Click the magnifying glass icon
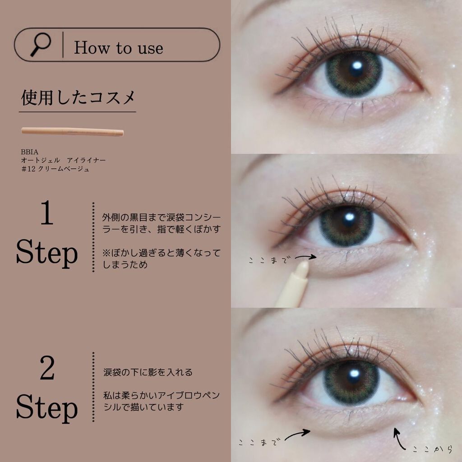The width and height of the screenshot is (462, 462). point(41,44)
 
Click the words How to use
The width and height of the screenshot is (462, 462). point(119,48)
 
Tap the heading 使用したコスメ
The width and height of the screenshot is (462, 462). point(78,98)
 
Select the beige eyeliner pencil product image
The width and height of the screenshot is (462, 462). point(73,131)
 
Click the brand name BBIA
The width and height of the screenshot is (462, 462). point(29,152)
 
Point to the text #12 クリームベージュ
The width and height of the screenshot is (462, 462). point(55,169)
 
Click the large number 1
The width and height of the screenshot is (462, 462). point(47,213)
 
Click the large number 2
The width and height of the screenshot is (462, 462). point(47,368)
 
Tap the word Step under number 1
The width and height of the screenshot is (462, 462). point(47,253)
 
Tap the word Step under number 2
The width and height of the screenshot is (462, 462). point(47,408)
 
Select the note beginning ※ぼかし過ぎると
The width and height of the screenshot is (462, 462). point(161,259)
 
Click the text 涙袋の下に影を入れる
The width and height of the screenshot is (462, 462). point(148,372)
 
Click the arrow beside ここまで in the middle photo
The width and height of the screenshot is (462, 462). point(306,257)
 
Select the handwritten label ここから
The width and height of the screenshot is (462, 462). point(432,449)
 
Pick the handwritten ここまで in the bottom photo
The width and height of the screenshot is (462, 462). point(258,443)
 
